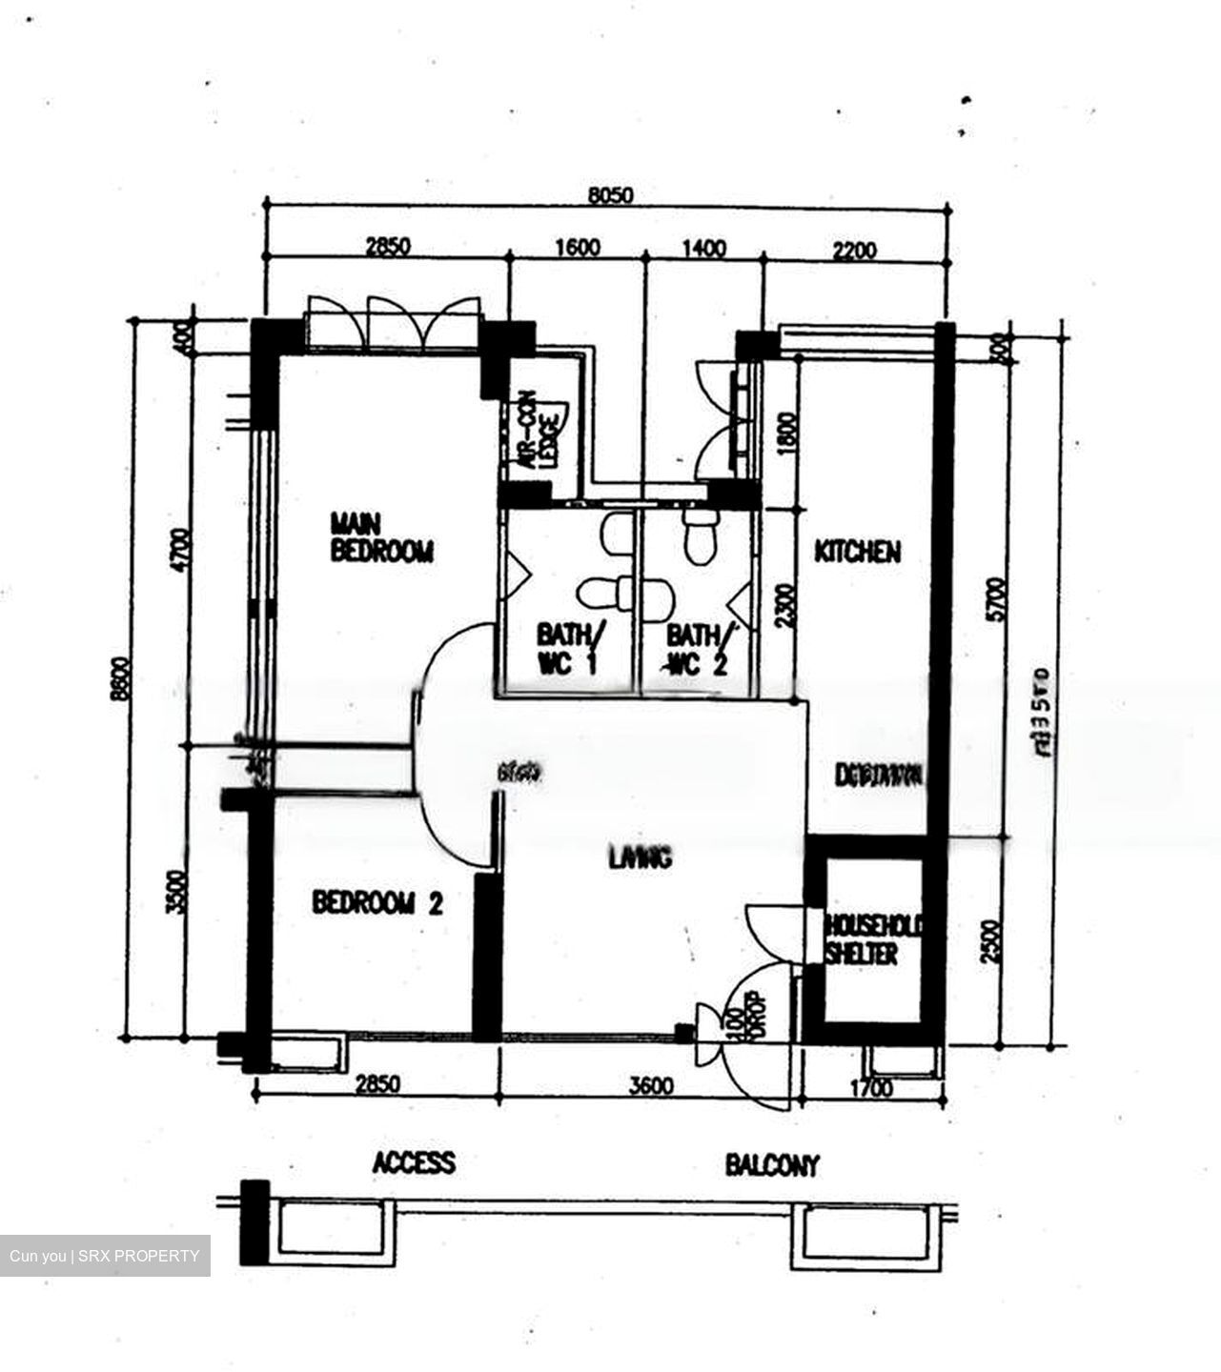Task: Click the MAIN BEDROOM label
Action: coord(381,537)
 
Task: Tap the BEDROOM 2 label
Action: coord(377,902)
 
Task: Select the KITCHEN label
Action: coord(857,552)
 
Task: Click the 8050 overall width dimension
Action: coord(610,196)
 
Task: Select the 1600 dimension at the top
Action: coord(578,248)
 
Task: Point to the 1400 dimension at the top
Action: coord(704,249)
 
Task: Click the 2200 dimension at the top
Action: coord(854,251)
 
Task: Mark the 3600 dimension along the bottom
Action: coord(652,1086)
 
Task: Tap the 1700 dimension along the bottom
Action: coord(869,1087)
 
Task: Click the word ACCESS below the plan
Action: coord(414,1162)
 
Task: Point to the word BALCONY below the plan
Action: coord(772,1164)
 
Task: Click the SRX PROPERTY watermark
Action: coord(105,1256)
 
